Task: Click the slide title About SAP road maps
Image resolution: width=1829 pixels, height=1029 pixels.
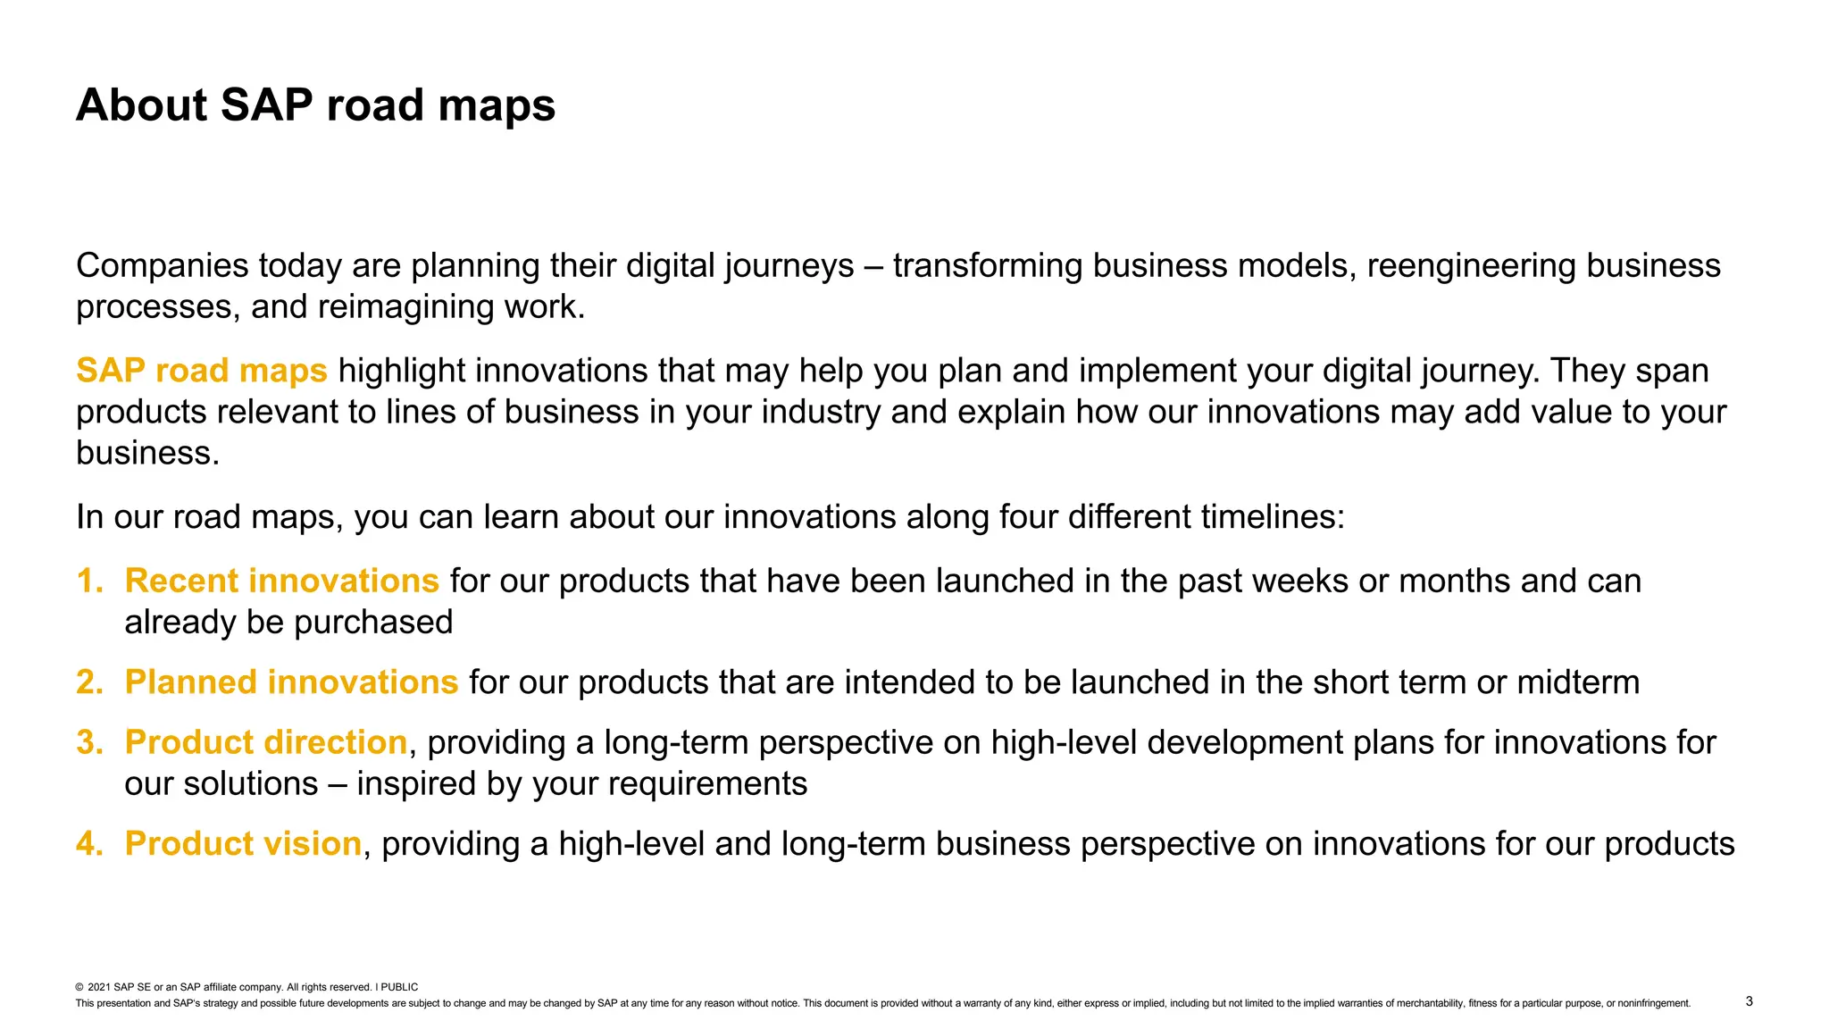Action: [315, 105]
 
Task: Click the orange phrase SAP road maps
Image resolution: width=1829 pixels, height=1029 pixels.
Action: [202, 371]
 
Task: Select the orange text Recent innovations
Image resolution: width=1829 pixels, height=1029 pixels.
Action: [281, 581]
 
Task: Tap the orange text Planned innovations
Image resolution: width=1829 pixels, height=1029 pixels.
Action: [291, 682]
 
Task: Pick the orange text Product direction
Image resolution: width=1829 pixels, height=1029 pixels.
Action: [266, 743]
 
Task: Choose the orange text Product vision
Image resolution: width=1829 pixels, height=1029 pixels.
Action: [243, 844]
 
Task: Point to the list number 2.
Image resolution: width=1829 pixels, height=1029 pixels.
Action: [89, 682]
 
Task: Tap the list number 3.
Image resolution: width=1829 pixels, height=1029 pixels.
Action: [89, 743]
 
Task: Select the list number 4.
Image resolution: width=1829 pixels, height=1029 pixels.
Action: [89, 844]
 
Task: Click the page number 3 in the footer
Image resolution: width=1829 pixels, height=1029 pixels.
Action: [1749, 1001]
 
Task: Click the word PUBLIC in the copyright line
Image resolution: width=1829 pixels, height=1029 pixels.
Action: [399, 987]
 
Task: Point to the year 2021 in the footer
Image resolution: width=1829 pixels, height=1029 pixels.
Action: [99, 987]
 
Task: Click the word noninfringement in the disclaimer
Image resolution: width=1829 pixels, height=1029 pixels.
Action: [1653, 1003]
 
